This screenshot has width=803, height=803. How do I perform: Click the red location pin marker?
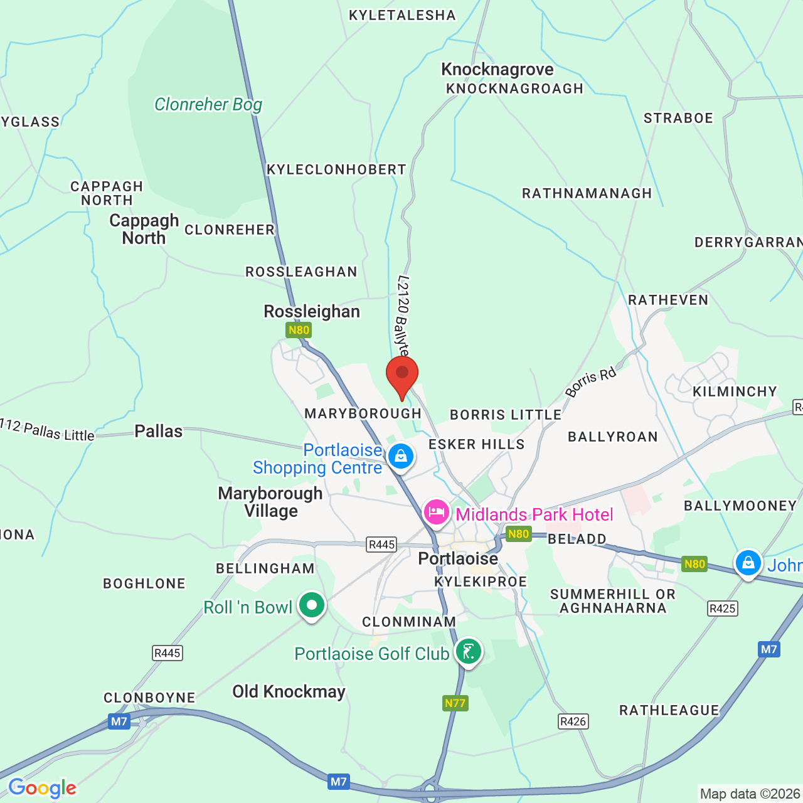coord(402,375)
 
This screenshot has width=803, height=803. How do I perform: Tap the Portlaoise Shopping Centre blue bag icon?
coord(401,456)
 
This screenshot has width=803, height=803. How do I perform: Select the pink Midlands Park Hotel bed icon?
coord(436,512)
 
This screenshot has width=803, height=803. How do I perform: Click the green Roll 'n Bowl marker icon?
coord(312,605)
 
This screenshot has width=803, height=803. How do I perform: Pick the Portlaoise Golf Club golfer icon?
coord(468,652)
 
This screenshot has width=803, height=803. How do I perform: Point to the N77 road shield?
coord(455,703)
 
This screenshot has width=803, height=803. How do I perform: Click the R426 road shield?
coord(573,721)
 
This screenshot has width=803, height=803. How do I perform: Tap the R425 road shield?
coord(722,608)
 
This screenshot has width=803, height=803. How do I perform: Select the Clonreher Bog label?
coord(208,104)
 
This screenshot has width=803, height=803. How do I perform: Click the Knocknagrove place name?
coord(497,69)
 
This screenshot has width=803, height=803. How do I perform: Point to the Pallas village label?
coord(159,431)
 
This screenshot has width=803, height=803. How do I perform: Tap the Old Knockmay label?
coord(289,691)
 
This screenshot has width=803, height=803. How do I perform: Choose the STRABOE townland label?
coord(678,118)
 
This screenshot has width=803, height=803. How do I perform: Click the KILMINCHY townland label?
coord(735,391)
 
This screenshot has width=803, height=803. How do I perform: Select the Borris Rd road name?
coord(590,383)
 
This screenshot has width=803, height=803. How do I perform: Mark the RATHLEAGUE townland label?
coord(669,710)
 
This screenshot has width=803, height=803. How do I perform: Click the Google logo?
coord(42,788)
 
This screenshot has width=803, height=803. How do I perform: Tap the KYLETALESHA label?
coord(402,15)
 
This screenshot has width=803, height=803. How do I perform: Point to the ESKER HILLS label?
coord(476,444)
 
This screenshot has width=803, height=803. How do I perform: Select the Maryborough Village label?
coord(270,502)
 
